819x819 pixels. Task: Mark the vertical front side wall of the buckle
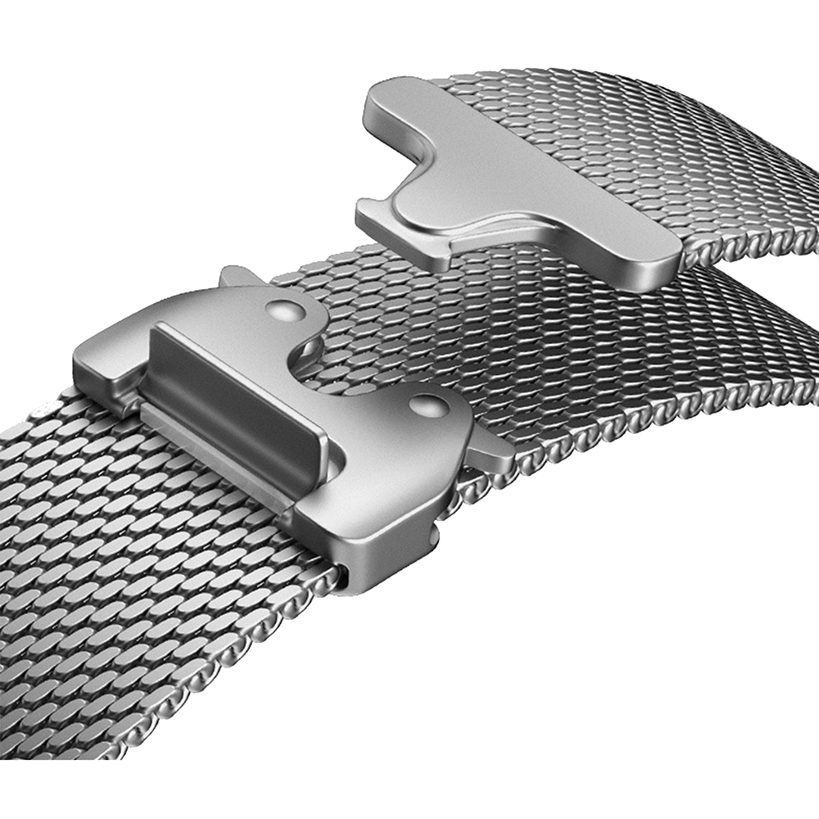point(385,549)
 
